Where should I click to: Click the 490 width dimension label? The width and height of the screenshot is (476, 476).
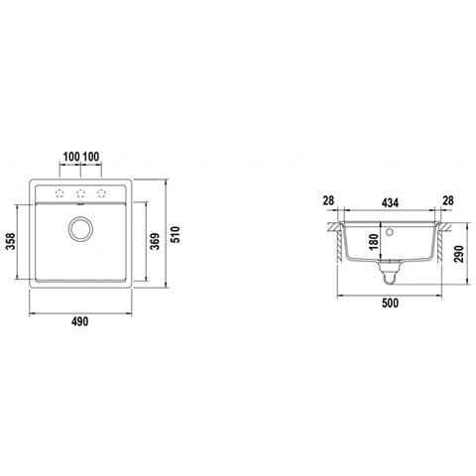(80, 321)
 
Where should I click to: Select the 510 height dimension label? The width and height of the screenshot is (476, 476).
(176, 235)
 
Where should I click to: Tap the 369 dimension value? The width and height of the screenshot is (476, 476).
(155, 241)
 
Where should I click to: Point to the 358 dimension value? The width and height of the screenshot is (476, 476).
(11, 241)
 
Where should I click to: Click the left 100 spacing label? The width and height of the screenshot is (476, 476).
(71, 157)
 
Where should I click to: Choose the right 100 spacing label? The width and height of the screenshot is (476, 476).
(91, 157)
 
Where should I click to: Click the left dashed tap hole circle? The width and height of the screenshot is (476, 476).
(59, 193)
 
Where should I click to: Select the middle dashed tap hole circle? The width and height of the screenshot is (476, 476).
(80, 193)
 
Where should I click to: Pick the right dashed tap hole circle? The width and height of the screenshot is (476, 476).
(101, 193)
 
